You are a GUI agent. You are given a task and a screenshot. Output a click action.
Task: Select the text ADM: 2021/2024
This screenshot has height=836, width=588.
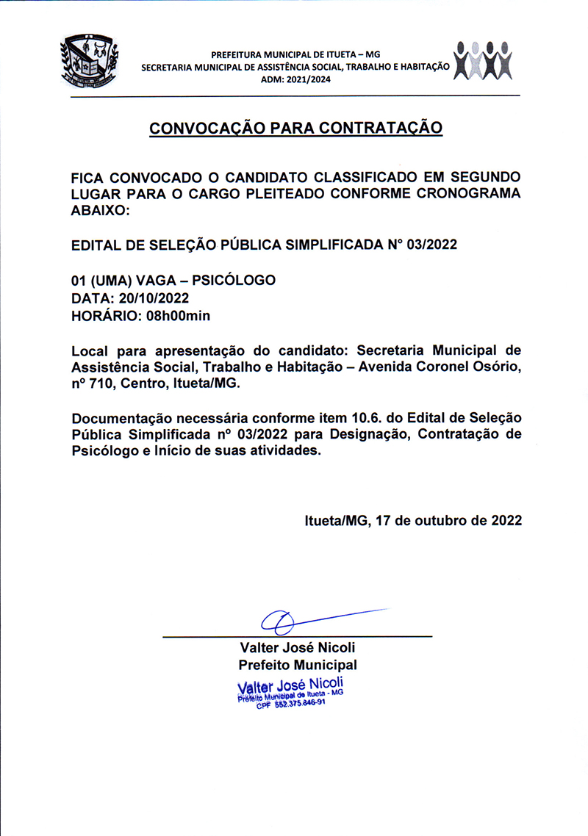point(296,80)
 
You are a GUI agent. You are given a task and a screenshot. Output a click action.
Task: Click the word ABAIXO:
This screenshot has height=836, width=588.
point(100,210)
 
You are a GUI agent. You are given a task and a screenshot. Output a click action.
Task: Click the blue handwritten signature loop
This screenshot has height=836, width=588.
point(278,622)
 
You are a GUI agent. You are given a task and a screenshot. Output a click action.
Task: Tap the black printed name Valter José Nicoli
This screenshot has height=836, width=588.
point(297,647)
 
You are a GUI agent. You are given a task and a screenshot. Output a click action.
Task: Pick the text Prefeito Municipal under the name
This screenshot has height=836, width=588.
point(297,665)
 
